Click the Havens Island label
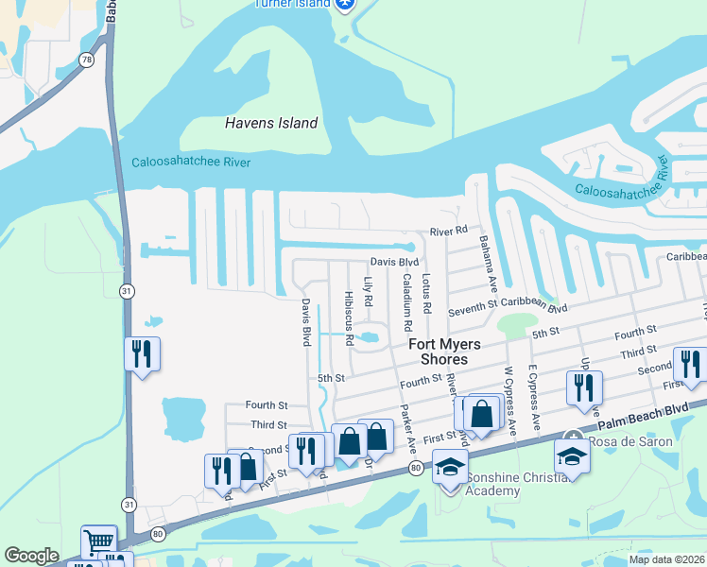[271, 123]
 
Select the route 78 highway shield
[87, 60]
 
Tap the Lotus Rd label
[426, 294]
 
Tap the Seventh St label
[473, 307]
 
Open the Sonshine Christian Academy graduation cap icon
[451, 466]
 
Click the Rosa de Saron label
[630, 441]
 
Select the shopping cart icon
[98, 542]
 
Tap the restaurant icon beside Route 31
[142, 354]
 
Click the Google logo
[31, 556]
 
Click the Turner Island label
[293, 4]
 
